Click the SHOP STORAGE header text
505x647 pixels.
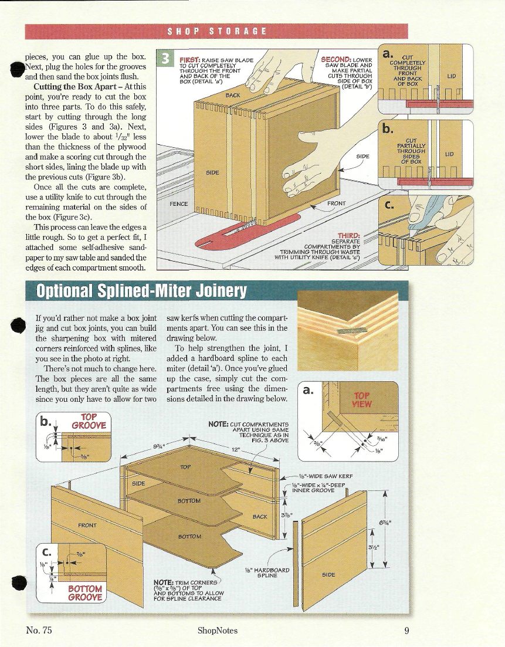click(217, 31)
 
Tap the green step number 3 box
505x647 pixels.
click(166, 59)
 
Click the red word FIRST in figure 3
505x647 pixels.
click(191, 59)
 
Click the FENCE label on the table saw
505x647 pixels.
click(178, 205)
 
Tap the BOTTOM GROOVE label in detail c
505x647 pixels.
click(85, 592)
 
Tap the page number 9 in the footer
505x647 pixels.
click(406, 631)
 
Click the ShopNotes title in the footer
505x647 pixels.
click(218, 631)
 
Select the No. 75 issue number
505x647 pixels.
click(39, 631)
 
